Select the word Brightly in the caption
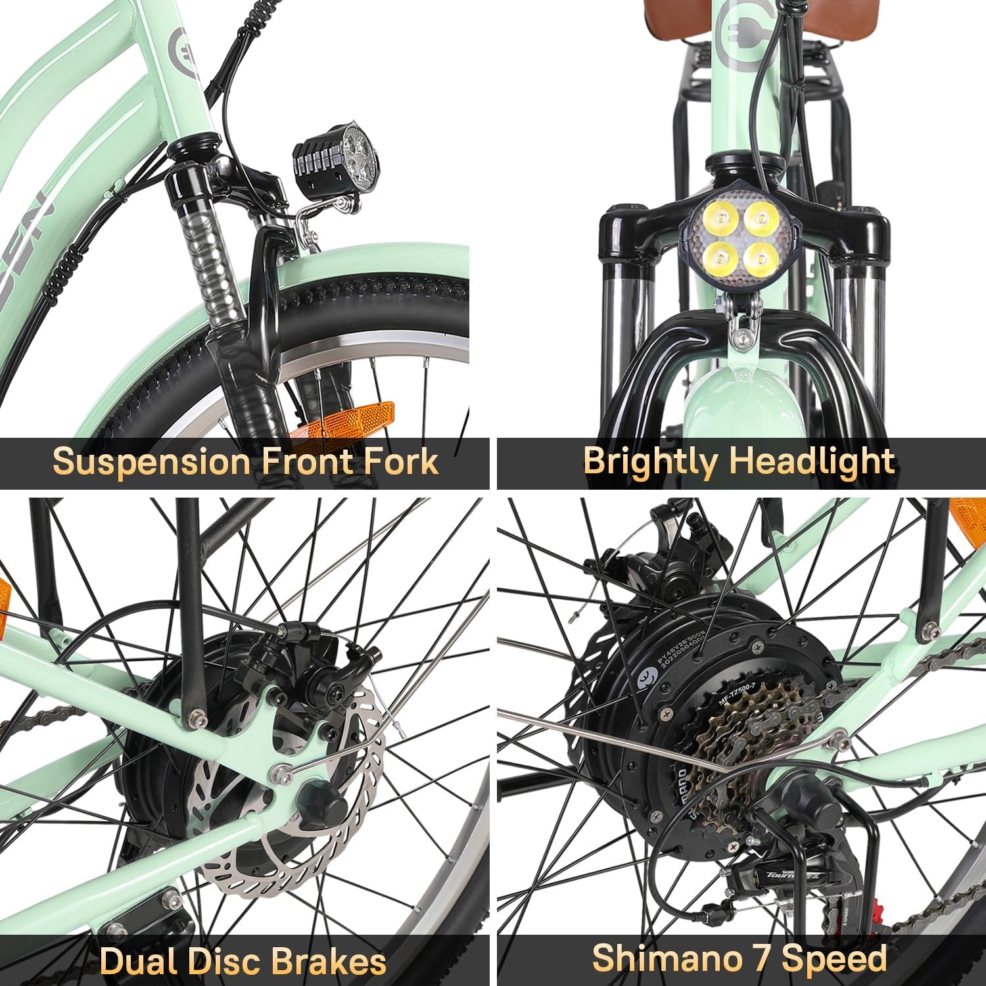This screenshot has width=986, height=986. (650, 461)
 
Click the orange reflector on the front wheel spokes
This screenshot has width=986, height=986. (345, 421)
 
